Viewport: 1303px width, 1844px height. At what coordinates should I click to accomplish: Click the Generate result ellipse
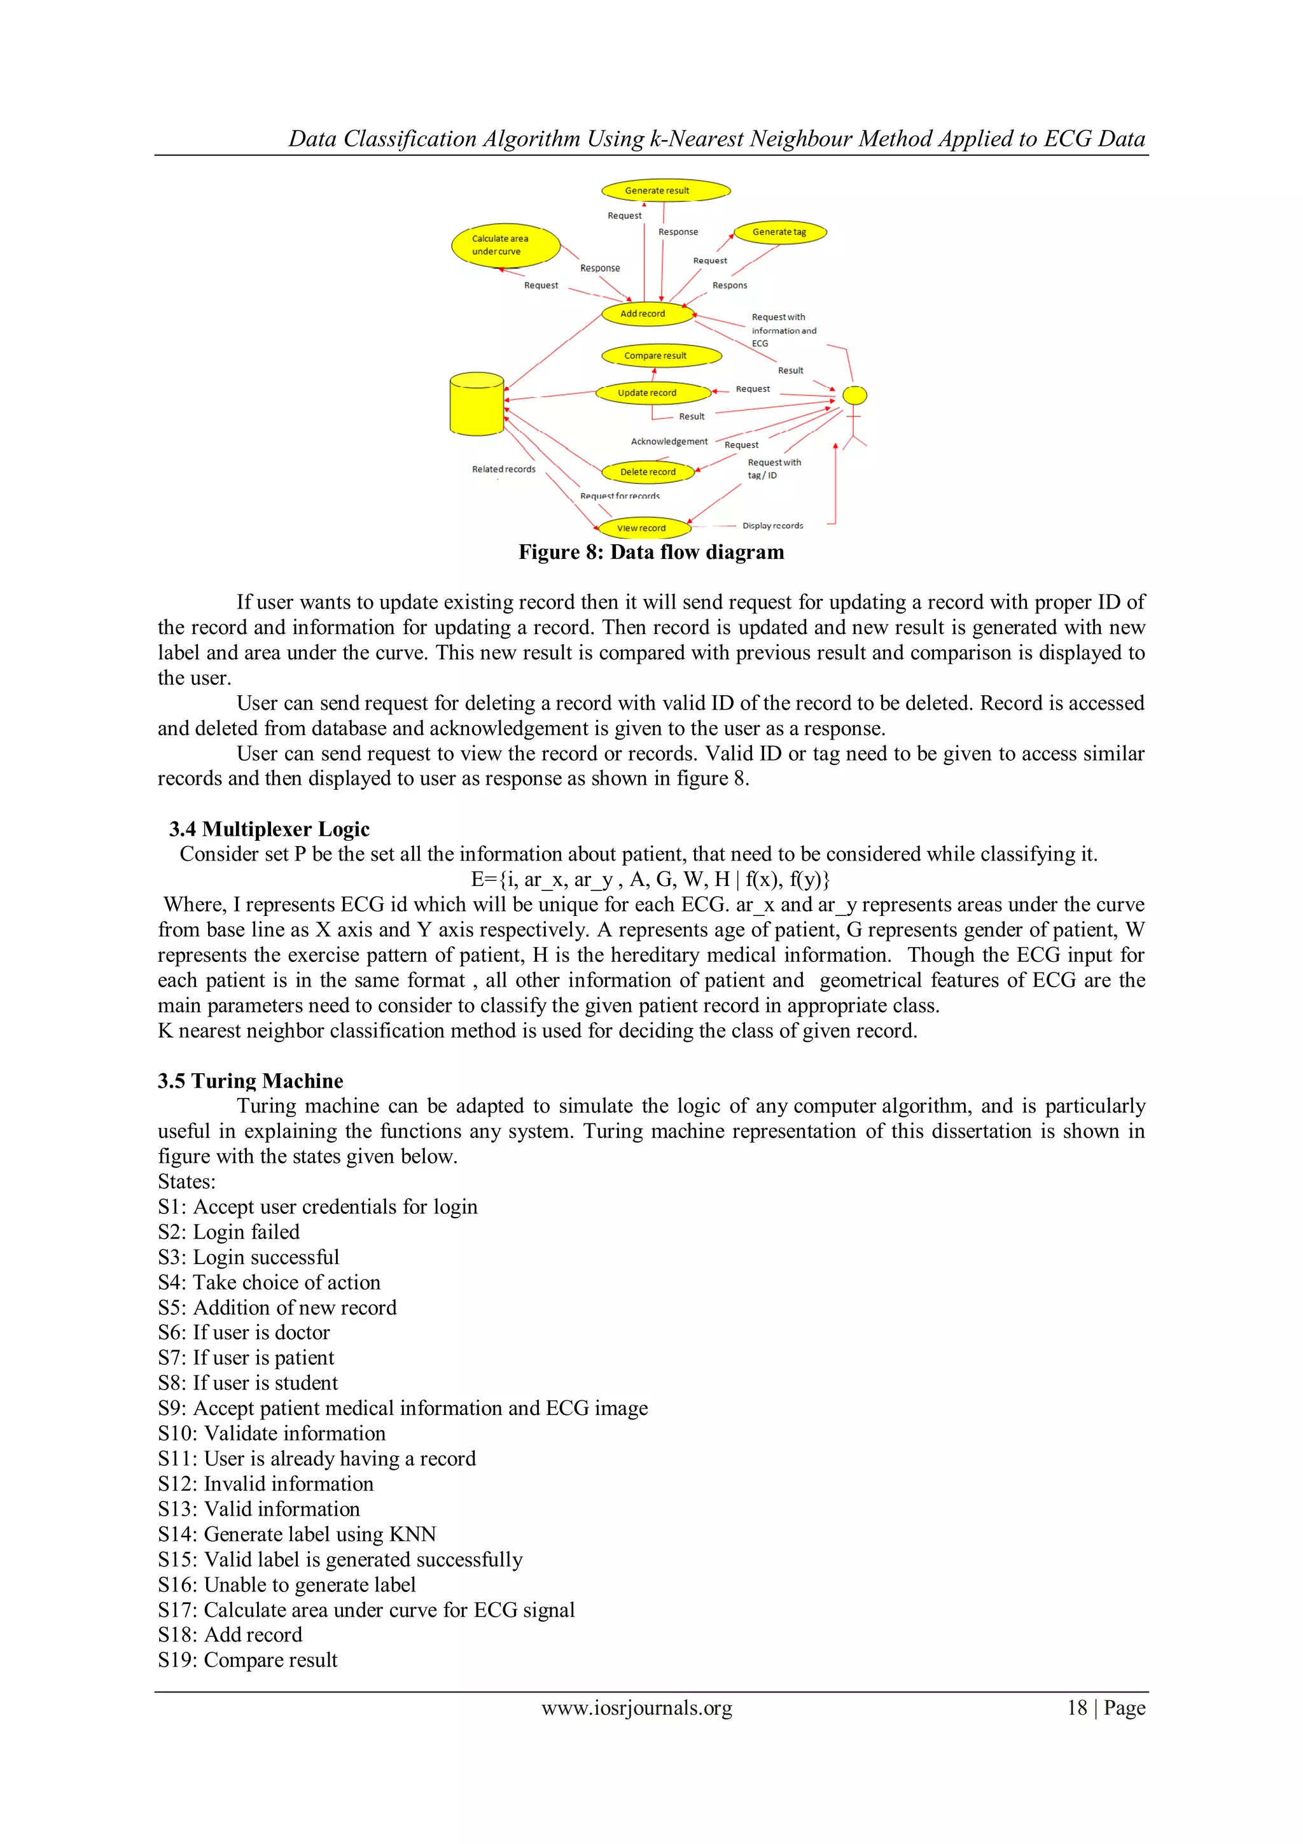665,190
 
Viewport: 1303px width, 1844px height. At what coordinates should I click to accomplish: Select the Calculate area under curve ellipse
505,245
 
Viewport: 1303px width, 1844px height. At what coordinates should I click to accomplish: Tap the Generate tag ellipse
779,232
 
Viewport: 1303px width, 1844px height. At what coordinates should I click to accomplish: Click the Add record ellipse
647,314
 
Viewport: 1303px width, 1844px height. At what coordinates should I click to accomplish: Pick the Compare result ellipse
661,355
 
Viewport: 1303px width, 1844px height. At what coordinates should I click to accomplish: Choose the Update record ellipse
653,393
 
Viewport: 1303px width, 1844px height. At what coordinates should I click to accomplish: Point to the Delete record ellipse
648,472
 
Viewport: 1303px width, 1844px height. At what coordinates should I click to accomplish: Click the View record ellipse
644,528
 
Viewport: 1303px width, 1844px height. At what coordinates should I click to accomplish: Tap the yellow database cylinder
477,404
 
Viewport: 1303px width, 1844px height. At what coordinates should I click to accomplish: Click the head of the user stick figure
854,395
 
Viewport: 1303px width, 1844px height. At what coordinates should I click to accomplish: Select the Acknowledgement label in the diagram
669,442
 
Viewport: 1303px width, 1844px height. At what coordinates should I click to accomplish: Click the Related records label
503,469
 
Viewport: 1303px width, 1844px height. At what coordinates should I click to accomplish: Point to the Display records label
772,525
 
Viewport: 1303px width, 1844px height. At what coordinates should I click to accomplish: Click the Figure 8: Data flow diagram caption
651,552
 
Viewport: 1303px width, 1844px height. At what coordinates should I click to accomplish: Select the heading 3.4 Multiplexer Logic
269,829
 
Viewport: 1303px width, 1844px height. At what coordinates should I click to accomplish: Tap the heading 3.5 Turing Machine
251,1080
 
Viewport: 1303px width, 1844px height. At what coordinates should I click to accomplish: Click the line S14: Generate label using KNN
297,1534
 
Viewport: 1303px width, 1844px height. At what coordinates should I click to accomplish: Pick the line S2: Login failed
229,1232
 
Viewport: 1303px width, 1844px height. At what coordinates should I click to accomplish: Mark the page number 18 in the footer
1077,1708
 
